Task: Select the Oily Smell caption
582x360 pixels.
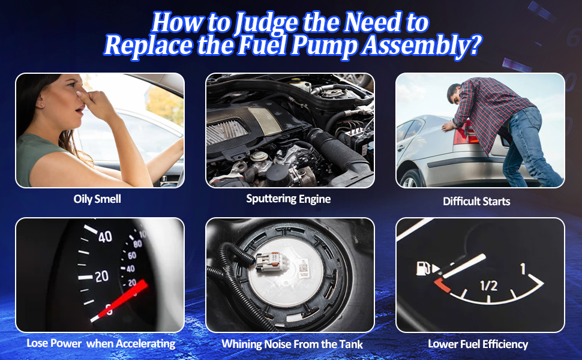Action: pos(97,199)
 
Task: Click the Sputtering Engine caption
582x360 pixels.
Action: pos(289,199)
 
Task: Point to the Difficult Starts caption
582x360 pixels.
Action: pos(476,202)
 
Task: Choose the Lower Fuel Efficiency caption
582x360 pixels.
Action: pos(478,344)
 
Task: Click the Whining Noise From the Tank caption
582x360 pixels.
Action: pos(292,344)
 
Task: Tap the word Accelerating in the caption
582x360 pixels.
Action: pos(146,344)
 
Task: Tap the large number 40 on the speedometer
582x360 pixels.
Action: pos(105,236)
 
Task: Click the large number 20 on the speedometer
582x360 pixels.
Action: pos(101,276)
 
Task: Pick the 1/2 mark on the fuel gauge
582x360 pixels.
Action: pos(488,286)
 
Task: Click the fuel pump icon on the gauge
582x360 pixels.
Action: pos(423,268)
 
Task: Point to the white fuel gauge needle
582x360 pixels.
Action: pos(464,266)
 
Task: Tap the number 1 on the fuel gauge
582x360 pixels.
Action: pos(523,269)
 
